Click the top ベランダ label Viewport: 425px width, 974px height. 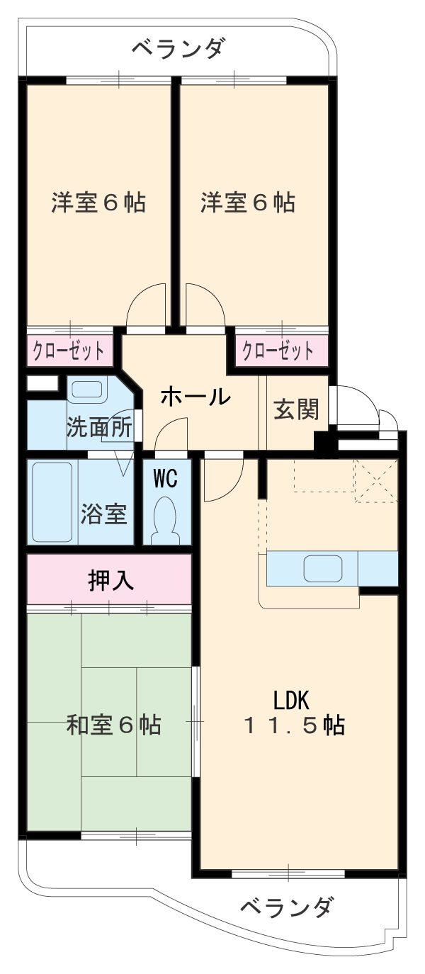pyautogui.click(x=178, y=49)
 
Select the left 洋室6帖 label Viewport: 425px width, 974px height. pyautogui.click(x=98, y=203)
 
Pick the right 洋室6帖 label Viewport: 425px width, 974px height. pyautogui.click(x=248, y=203)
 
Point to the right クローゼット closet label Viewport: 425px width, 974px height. pyautogui.click(x=278, y=351)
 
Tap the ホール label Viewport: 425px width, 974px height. pyautogui.click(x=195, y=397)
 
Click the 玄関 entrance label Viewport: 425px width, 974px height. pyautogui.click(x=296, y=409)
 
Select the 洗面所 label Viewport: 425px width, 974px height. pyautogui.click(x=99, y=427)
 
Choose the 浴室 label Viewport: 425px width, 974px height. pyautogui.click(x=104, y=514)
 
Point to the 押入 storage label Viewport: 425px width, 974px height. pyautogui.click(x=110, y=581)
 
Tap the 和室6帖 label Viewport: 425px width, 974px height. pyautogui.click(x=113, y=725)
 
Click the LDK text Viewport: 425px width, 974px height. pyautogui.click(x=292, y=700)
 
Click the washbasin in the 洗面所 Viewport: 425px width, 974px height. pyautogui.click(x=86, y=390)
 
